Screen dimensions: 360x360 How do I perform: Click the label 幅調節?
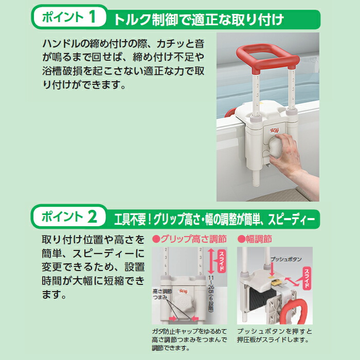[x=255, y=239]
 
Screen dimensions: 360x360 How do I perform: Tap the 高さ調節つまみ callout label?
[x=163, y=294]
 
